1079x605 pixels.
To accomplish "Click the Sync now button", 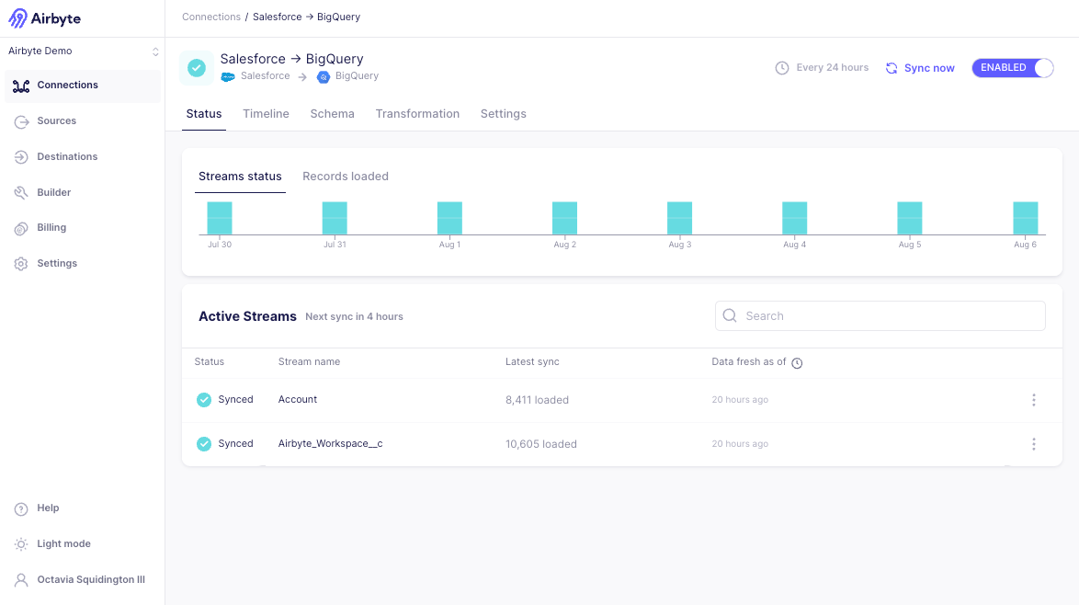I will coord(920,68).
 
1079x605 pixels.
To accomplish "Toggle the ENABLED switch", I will coord(1012,68).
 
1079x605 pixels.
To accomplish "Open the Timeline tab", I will coord(266,114).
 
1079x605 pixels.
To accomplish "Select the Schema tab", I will coord(332,114).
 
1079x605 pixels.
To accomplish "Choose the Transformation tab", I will coord(417,114).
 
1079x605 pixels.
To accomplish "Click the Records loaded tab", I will coord(346,177).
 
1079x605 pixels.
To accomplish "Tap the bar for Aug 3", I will coord(679,218).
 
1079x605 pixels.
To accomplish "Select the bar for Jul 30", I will coord(220,218).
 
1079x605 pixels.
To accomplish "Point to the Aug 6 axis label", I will coord(1025,245).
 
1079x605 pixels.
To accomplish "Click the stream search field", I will coord(880,315).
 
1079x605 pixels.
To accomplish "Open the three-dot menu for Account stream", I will coord(1034,400).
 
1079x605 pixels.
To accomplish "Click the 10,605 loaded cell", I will coord(541,444).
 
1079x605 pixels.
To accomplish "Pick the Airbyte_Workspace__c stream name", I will coord(330,444).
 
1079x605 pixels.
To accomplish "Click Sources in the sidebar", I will coord(56,120).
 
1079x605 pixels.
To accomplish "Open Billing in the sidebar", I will coord(51,228).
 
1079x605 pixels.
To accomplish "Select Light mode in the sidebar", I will coord(63,544).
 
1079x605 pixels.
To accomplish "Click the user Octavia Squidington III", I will coord(90,580).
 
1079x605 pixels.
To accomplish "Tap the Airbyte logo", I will coord(44,18).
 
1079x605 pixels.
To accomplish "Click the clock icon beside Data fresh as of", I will coord(797,363).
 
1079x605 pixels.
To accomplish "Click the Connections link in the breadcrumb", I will coord(210,17).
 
